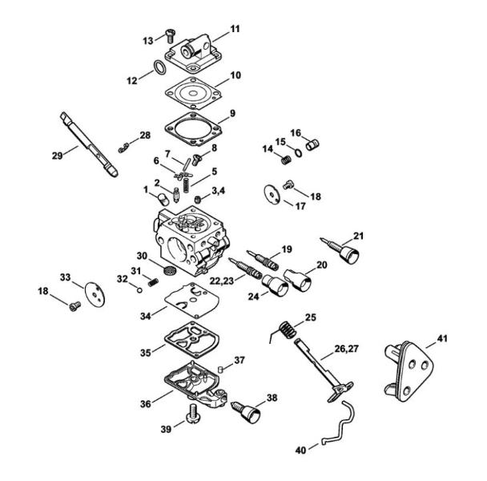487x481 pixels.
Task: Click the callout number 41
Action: (442, 338)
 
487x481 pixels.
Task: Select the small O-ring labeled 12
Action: (160, 67)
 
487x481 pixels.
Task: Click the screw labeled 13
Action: (170, 35)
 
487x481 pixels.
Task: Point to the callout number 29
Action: (57, 156)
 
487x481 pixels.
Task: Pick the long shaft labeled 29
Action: (89, 144)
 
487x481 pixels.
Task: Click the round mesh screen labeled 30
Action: (170, 269)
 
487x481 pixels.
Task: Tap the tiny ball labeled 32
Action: (139, 290)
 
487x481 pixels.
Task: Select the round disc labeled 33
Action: (95, 294)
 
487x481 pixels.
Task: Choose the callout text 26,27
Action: (346, 348)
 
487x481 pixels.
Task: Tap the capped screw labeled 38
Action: (248, 411)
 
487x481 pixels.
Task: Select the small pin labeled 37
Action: (221, 369)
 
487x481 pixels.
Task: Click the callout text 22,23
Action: (222, 281)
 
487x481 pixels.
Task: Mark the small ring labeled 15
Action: (298, 153)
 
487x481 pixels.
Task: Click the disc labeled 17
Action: (272, 195)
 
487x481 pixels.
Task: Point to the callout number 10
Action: (235, 75)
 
